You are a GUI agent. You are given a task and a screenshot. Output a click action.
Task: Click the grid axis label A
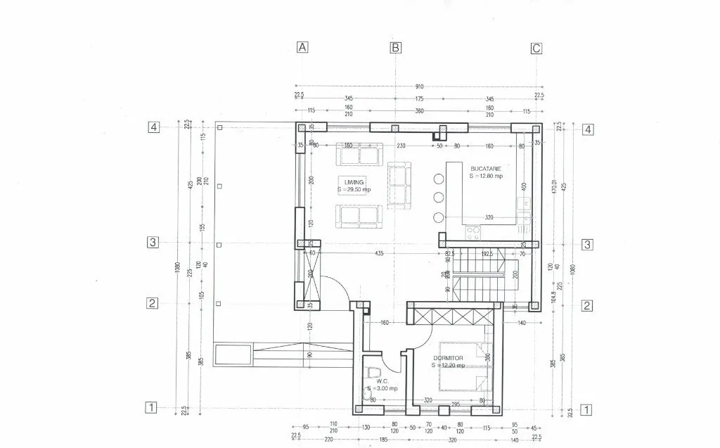coord(302,48)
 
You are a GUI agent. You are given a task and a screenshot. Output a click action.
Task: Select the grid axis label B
coord(396,48)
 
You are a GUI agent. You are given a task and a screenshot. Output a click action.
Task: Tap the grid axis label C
coord(536,48)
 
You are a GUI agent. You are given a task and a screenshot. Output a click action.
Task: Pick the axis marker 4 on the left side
coord(153,127)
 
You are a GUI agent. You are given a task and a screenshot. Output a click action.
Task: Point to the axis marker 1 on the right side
coord(588,409)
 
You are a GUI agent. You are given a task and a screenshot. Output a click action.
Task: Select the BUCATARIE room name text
coord(486,169)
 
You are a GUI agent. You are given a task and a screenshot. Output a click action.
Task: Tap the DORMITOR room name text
coord(448,358)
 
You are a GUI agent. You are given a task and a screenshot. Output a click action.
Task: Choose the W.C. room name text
coord(373,381)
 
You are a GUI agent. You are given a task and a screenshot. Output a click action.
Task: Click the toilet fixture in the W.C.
coord(373,371)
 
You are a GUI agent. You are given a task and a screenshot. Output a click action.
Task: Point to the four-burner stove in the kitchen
coord(473,231)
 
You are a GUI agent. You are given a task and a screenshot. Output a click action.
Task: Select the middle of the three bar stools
coord(439,197)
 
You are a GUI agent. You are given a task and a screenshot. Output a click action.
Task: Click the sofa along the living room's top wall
coord(359,154)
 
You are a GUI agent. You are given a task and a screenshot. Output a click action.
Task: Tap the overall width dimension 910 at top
coord(419,87)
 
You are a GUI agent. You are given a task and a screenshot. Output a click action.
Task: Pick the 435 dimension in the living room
coord(379,252)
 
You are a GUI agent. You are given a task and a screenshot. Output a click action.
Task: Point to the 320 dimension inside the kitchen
coord(489,217)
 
